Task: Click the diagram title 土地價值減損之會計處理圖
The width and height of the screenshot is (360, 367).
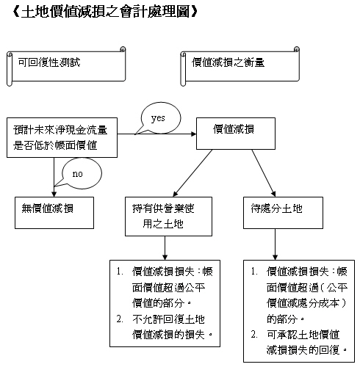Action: point(105,12)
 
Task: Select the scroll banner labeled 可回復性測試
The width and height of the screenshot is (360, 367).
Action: point(66,66)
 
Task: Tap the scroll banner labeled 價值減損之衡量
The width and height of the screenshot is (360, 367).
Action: point(240,66)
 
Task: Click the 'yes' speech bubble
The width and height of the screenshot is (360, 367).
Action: point(160,118)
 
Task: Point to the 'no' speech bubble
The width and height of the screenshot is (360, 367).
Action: point(81,173)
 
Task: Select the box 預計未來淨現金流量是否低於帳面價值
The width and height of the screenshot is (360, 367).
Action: point(62,137)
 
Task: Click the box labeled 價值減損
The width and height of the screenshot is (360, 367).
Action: point(236,134)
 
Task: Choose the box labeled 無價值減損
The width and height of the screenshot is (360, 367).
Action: point(54,213)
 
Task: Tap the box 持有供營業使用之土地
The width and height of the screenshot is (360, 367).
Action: point(168,217)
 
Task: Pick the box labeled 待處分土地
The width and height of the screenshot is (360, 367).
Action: point(283,213)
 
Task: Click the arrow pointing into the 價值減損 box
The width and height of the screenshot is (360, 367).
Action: point(156,134)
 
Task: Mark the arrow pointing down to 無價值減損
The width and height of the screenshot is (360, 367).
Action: point(54,177)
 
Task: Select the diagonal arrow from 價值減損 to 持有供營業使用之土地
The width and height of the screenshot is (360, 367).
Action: point(192,173)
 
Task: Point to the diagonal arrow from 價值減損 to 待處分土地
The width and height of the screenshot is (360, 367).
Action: point(264,173)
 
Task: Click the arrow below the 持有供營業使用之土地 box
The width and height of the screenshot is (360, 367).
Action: point(165,248)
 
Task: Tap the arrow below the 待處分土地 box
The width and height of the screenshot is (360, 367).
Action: point(275,244)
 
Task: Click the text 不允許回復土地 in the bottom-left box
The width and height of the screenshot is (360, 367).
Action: point(168,319)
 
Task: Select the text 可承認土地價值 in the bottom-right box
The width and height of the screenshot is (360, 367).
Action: point(303,335)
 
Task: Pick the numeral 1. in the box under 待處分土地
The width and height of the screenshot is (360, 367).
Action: point(254,272)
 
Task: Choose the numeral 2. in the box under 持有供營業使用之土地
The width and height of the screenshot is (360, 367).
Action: point(120,319)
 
